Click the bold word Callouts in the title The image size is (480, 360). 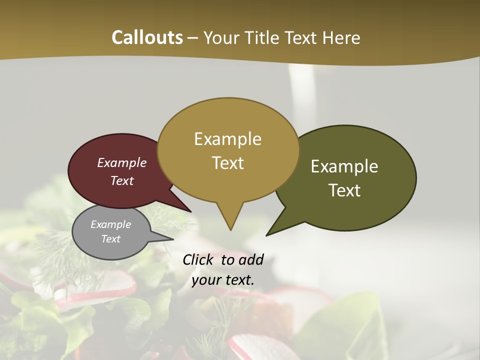[x=147, y=37]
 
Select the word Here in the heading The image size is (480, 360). [x=341, y=37]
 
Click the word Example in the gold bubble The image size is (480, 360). [x=227, y=139]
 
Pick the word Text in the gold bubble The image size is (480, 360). [x=227, y=163]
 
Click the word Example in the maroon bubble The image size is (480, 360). [x=122, y=163]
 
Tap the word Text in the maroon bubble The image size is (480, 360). [x=122, y=180]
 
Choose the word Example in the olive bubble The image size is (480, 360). [x=344, y=166]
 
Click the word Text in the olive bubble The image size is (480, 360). [x=344, y=190]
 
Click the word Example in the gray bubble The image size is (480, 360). [x=110, y=224]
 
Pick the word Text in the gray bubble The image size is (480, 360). [x=110, y=239]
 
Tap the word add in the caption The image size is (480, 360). [x=251, y=259]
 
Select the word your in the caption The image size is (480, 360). [x=206, y=280]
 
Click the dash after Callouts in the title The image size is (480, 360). [x=193, y=38]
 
